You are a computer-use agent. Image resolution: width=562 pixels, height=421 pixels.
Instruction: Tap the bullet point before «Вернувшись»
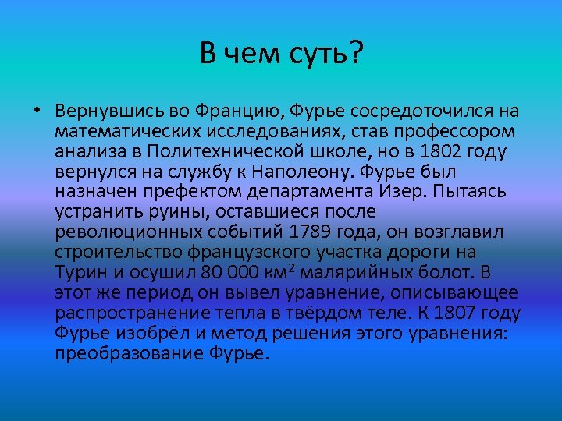pyautogui.click(x=37, y=110)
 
